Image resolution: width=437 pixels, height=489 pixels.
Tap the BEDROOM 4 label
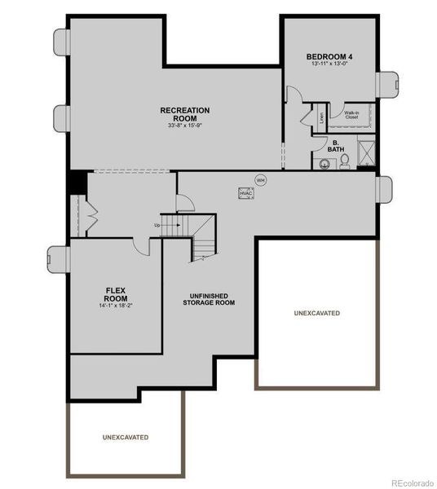coord(329,56)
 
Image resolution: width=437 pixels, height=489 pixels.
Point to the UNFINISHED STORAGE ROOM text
coord(209,299)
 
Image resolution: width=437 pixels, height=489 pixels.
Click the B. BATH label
coord(336,146)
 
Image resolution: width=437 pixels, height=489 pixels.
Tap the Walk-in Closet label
coord(351,116)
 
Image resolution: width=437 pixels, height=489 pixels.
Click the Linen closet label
coord(322,116)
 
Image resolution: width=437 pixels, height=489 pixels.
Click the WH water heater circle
coord(261,179)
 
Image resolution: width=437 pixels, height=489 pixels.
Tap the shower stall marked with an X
coord(367,152)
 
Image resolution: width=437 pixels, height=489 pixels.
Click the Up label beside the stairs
coord(157,225)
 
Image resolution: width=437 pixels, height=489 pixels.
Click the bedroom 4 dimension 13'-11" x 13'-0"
coord(329,65)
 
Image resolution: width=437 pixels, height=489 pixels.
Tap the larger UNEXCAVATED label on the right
coord(316,313)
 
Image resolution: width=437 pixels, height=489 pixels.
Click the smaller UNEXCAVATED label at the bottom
coord(126,438)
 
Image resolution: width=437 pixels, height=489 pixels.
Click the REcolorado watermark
coord(413,482)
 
